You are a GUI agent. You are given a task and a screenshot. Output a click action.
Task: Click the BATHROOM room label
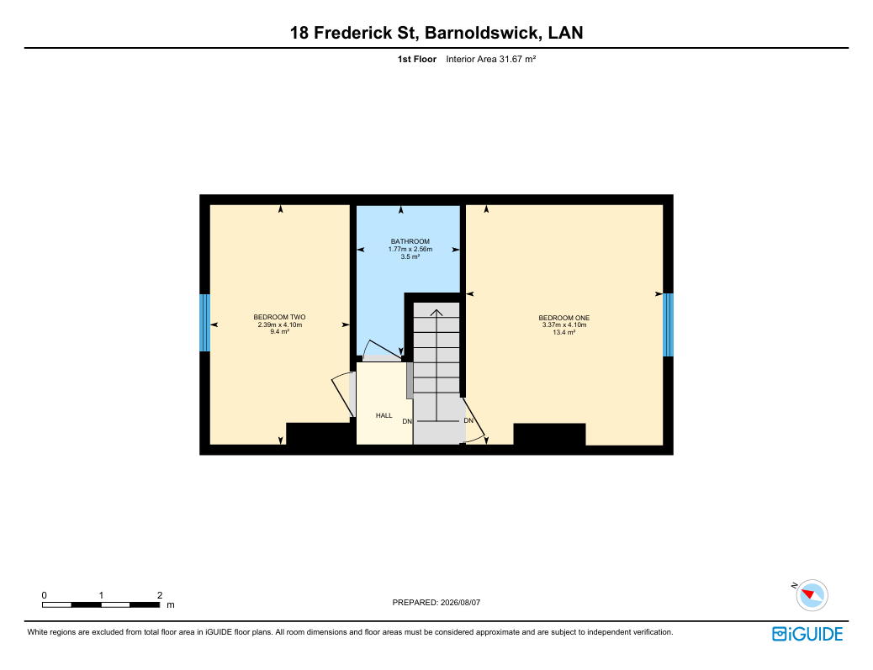[410, 241]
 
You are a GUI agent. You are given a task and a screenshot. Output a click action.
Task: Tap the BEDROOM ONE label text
[564, 319]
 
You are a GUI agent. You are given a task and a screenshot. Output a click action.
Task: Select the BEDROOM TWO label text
[279, 318]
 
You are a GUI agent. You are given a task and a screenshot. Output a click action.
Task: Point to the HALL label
[384, 415]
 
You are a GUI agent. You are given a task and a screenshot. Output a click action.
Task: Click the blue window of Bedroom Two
[205, 323]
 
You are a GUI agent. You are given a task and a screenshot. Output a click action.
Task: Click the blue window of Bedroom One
[668, 325]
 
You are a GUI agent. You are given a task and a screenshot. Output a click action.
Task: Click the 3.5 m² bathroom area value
[410, 257]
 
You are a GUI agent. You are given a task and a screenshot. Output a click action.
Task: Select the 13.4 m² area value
[564, 332]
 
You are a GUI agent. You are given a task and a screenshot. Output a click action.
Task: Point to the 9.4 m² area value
[279, 332]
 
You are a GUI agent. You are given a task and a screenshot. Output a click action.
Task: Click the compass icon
[812, 595]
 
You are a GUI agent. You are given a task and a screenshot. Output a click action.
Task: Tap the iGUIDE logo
[807, 634]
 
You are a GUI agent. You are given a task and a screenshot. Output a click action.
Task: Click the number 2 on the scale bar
[160, 595]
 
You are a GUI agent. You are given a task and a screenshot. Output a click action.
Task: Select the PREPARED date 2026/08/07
[460, 603]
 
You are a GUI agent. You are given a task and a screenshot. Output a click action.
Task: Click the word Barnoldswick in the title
[482, 33]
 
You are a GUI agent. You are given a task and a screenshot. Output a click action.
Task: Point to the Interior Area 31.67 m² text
[490, 59]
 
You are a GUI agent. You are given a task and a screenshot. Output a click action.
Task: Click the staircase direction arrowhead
[436, 313]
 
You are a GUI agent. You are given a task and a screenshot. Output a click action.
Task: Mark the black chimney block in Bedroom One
[549, 435]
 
